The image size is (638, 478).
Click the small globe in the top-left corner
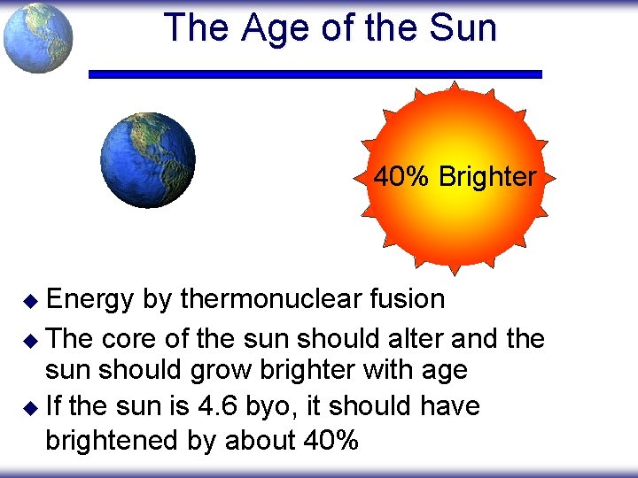coord(37,38)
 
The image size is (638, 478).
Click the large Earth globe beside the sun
coord(147,160)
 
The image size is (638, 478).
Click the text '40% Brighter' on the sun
coord(455,177)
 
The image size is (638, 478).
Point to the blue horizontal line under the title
coord(315,74)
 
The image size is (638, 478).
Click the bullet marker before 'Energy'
coord(30,301)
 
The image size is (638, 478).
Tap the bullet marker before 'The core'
coord(30,339)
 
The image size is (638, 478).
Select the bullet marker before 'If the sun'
coord(30,408)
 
